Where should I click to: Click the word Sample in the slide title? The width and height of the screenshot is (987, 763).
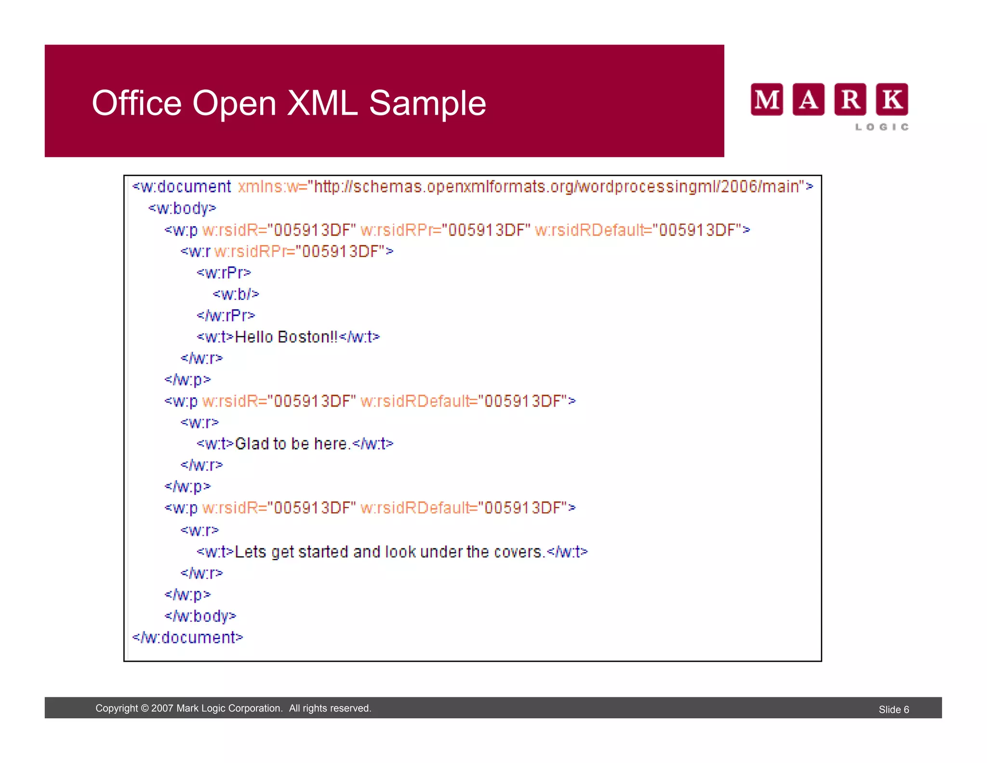pyautogui.click(x=427, y=103)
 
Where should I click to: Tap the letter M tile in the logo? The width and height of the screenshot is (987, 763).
pyautogui.click(x=766, y=99)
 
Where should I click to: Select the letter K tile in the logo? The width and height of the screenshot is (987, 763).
pyautogui.click(x=892, y=99)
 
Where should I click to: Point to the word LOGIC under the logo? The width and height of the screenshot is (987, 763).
pyautogui.click(x=882, y=127)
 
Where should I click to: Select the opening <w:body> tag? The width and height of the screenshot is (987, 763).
pyautogui.click(x=182, y=208)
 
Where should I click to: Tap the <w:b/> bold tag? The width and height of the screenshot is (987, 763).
pyautogui.click(x=236, y=294)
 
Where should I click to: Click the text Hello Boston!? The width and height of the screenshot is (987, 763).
pyautogui.click(x=286, y=337)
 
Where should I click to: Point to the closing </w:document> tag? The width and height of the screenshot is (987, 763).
pyautogui.click(x=188, y=638)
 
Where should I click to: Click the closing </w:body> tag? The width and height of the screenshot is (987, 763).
pyautogui.click(x=200, y=616)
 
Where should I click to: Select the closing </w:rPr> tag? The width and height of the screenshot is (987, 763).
pyautogui.click(x=226, y=315)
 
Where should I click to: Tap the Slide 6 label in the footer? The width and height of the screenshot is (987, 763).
pyautogui.click(x=894, y=709)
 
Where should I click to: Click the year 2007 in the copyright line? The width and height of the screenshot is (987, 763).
pyautogui.click(x=162, y=708)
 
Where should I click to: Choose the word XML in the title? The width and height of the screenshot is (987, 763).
pyautogui.click(x=322, y=103)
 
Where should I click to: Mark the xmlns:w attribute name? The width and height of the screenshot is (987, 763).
pyautogui.click(x=268, y=187)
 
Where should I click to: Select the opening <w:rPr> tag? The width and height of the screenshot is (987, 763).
pyautogui.click(x=224, y=272)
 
